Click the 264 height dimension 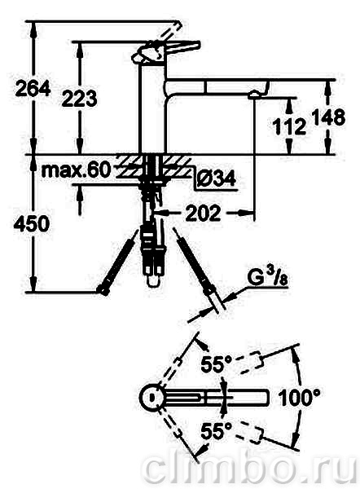tap(33, 88)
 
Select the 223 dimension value tap(80, 99)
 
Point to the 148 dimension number tap(328, 117)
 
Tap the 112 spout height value tap(289, 126)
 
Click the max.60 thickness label tap(76, 170)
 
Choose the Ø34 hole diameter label tap(217, 179)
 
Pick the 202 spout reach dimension tap(203, 214)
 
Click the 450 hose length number tap(32, 223)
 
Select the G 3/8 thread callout tap(268, 277)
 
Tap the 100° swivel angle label tap(299, 398)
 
